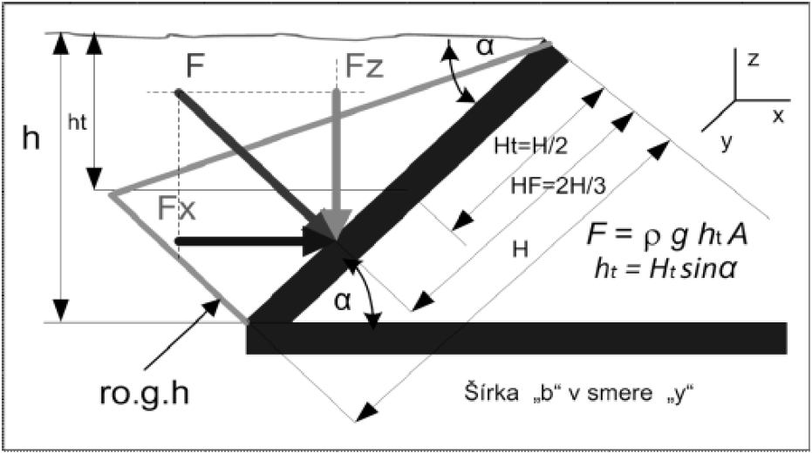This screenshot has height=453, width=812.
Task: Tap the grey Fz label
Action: (x=360, y=67)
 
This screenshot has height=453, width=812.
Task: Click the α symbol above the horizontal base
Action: (x=343, y=301)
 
